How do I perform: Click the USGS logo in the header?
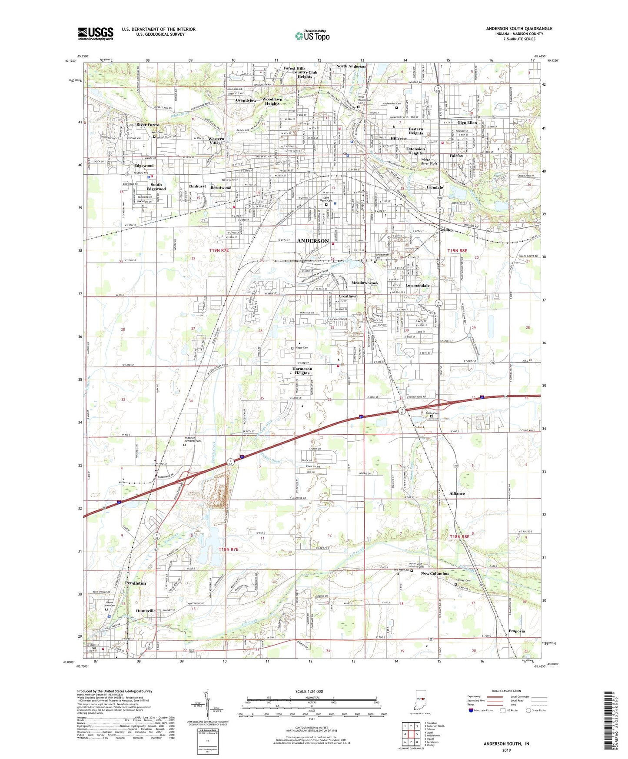(96, 33)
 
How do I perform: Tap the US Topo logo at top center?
(312, 36)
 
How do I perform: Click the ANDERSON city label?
(312, 241)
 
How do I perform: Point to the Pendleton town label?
(136, 583)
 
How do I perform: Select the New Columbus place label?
(435, 573)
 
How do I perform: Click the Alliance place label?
(457, 493)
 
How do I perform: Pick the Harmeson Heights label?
(302, 371)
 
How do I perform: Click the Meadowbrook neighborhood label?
(365, 283)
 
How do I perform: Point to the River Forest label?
(148, 125)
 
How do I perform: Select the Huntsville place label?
(146, 611)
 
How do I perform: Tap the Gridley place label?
(446, 230)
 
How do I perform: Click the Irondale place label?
(435, 187)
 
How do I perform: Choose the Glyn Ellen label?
(467, 123)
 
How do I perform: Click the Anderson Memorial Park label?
(193, 439)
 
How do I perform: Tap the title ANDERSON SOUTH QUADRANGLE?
(519, 29)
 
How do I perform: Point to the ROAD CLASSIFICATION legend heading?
(506, 691)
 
